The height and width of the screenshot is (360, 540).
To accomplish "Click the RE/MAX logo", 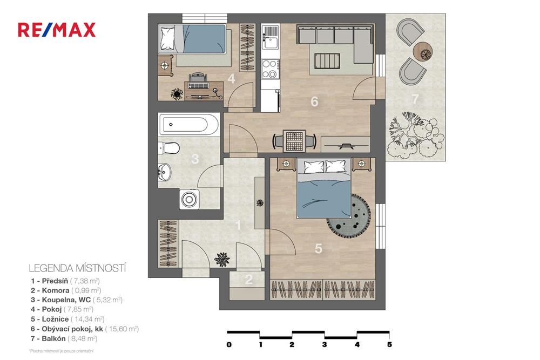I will tap(57, 29).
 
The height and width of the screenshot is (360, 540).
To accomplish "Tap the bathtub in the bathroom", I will tap(188, 125).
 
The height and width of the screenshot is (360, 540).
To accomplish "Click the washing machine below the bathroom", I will tap(191, 199).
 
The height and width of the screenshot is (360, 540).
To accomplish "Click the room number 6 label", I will tap(314, 101).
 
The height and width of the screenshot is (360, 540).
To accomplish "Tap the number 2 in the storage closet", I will tap(249, 280).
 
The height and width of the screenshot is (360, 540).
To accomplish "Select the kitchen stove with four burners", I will tap(269, 69).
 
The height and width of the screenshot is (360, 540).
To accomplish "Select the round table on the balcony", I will tap(423, 51).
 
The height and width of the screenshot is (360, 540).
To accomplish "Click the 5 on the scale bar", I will tap(389, 344).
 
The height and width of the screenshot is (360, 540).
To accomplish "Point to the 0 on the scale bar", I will tap(229, 344).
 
